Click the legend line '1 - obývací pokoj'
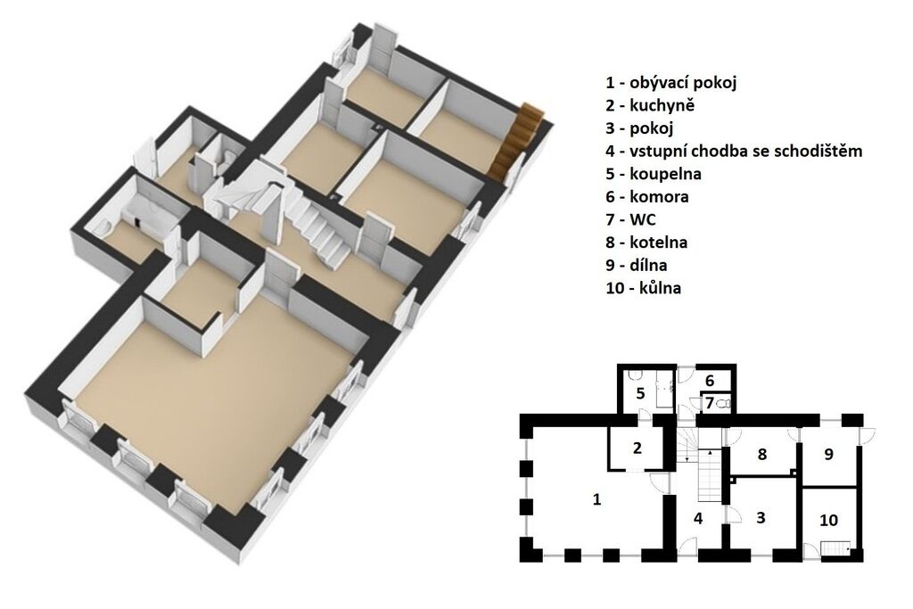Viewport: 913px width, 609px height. click(x=670, y=83)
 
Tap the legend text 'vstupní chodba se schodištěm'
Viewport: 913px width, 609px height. click(x=746, y=152)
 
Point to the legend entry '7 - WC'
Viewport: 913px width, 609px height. click(x=630, y=219)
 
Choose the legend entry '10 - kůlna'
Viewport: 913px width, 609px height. click(x=644, y=288)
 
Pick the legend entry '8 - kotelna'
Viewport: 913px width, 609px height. click(x=646, y=243)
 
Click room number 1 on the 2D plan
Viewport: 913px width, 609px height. click(x=596, y=499)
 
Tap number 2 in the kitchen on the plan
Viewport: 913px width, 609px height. click(x=637, y=448)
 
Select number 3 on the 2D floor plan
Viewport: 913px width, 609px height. click(x=761, y=517)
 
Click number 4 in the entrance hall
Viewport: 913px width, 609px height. click(x=698, y=517)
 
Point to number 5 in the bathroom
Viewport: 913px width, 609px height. click(x=640, y=393)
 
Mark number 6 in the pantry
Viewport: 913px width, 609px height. click(x=709, y=381)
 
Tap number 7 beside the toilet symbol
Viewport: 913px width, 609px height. click(x=709, y=402)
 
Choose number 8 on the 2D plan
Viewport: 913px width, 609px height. click(x=762, y=454)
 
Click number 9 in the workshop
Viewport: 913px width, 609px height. click(x=828, y=454)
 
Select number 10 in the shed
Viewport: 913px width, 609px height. click(x=828, y=519)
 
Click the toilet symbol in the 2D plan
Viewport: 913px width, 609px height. click(x=724, y=403)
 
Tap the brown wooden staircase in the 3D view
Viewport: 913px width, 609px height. click(x=516, y=140)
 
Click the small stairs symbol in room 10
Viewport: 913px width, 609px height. click(x=835, y=549)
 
